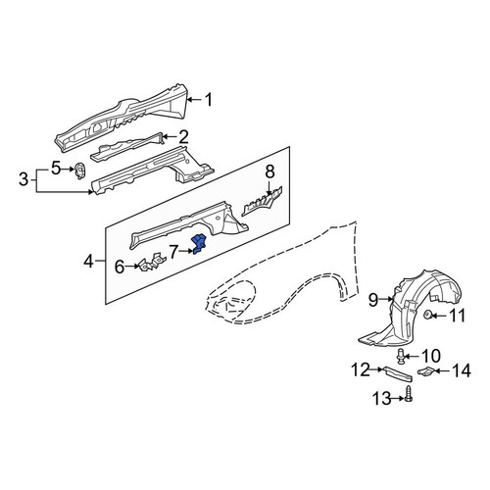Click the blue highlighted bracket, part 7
[x=199, y=244]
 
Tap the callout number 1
[x=209, y=99]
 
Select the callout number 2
[x=183, y=137]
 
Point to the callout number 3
[x=24, y=179]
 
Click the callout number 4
[x=88, y=261]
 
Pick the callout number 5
[x=56, y=169]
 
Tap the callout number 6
[x=120, y=267]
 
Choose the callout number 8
[x=269, y=171]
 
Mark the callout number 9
[x=373, y=300]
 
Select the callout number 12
[x=361, y=369]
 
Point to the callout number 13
[x=381, y=398]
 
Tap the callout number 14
[x=462, y=371]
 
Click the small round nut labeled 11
[x=426, y=316]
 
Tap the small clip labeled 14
[x=425, y=371]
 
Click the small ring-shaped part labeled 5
[x=79, y=171]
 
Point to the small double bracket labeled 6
[x=153, y=262]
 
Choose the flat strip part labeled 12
[x=398, y=374]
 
